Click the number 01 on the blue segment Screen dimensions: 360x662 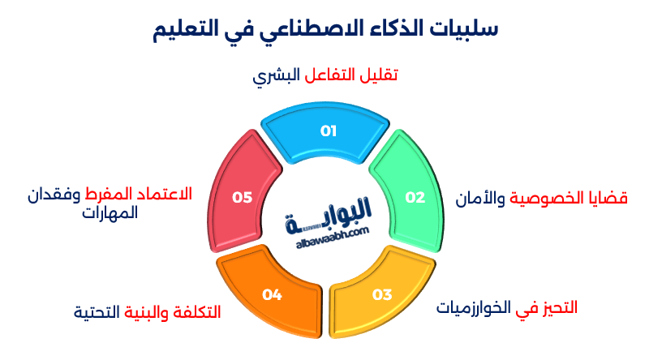pos(328,131)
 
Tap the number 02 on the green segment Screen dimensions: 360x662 pos(415,197)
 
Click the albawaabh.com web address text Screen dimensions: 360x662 pos(328,232)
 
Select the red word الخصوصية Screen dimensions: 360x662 pos(551,199)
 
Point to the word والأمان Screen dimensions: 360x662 pos(481,199)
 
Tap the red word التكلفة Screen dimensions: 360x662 pos(194,312)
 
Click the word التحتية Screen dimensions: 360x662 pos(97,312)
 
